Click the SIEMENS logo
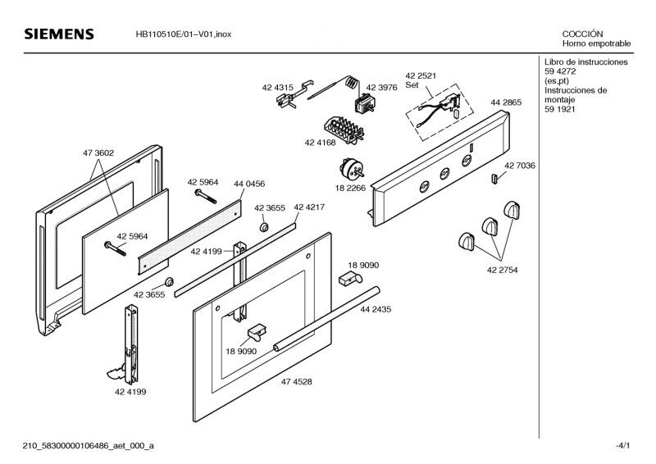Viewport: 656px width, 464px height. pyautogui.click(x=59, y=34)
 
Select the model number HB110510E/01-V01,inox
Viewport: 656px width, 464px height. pyautogui.click(x=183, y=34)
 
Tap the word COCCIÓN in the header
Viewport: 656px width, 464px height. pyautogui.click(x=582, y=34)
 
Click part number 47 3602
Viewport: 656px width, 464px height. pyautogui.click(x=98, y=153)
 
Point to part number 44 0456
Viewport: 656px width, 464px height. pyautogui.click(x=249, y=184)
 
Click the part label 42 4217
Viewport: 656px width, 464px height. pyautogui.click(x=309, y=207)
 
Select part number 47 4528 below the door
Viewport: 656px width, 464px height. pyautogui.click(x=296, y=381)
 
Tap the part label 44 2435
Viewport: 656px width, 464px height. pyautogui.click(x=376, y=309)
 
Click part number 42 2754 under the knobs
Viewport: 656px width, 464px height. pyautogui.click(x=502, y=270)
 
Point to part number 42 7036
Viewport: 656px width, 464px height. pyautogui.click(x=520, y=166)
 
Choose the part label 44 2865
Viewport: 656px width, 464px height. pyautogui.click(x=506, y=102)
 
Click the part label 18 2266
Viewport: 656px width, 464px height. pyautogui.click(x=350, y=189)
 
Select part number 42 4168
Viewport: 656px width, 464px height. pyautogui.click(x=320, y=143)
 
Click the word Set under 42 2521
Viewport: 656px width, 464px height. pyautogui.click(x=412, y=85)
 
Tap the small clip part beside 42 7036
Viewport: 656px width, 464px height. pyautogui.click(x=494, y=178)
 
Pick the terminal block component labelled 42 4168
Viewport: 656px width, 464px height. pyautogui.click(x=344, y=130)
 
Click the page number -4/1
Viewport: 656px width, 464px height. pyautogui.click(x=622, y=446)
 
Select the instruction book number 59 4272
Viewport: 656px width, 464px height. pyautogui.click(x=560, y=71)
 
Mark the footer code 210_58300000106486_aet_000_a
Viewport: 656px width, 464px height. pyautogui.click(x=89, y=446)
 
